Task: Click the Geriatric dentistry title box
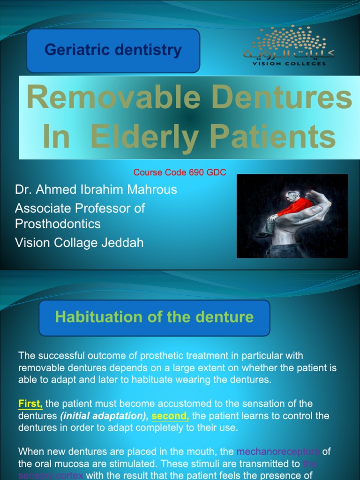tap(113, 50)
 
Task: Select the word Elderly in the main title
tap(145, 136)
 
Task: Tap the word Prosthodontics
tap(58, 224)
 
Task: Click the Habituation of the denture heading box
tap(154, 317)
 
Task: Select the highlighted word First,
tap(30, 403)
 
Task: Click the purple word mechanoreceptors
tap(278, 452)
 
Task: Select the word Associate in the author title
tap(41, 208)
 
